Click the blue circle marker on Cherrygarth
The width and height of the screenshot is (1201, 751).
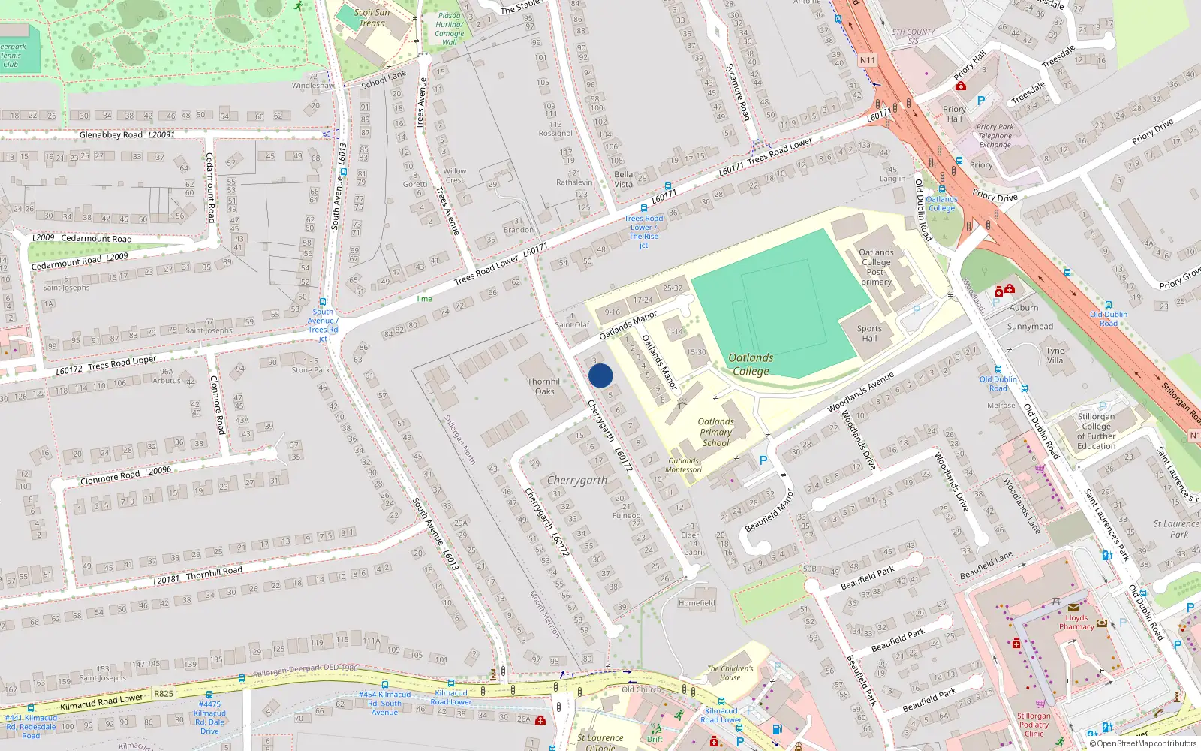[600, 375]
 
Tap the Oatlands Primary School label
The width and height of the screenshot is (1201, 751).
[715, 433]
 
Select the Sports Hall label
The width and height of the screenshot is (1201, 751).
[869, 333]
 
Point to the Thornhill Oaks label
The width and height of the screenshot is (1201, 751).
[544, 386]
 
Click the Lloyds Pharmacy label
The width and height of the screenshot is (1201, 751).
[1076, 622]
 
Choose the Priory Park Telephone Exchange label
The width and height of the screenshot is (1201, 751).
[995, 136]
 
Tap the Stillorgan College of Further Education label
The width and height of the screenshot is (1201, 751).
[1096, 431]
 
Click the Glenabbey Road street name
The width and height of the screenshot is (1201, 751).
[110, 135]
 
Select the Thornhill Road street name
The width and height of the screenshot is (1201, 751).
[214, 572]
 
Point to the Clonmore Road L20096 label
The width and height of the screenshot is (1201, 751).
[125, 475]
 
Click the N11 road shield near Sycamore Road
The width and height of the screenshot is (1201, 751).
[868, 60]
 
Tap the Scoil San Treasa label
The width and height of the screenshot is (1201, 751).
[372, 17]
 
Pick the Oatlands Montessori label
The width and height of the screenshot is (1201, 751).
[683, 466]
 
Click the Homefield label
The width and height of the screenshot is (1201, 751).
[697, 603]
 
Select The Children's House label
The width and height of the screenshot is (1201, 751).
[730, 673]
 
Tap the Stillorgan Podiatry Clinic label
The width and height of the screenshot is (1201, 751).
[1034, 725]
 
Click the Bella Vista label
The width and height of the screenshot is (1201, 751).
[623, 179]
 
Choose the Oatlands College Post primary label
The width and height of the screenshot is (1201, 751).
[876, 267]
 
